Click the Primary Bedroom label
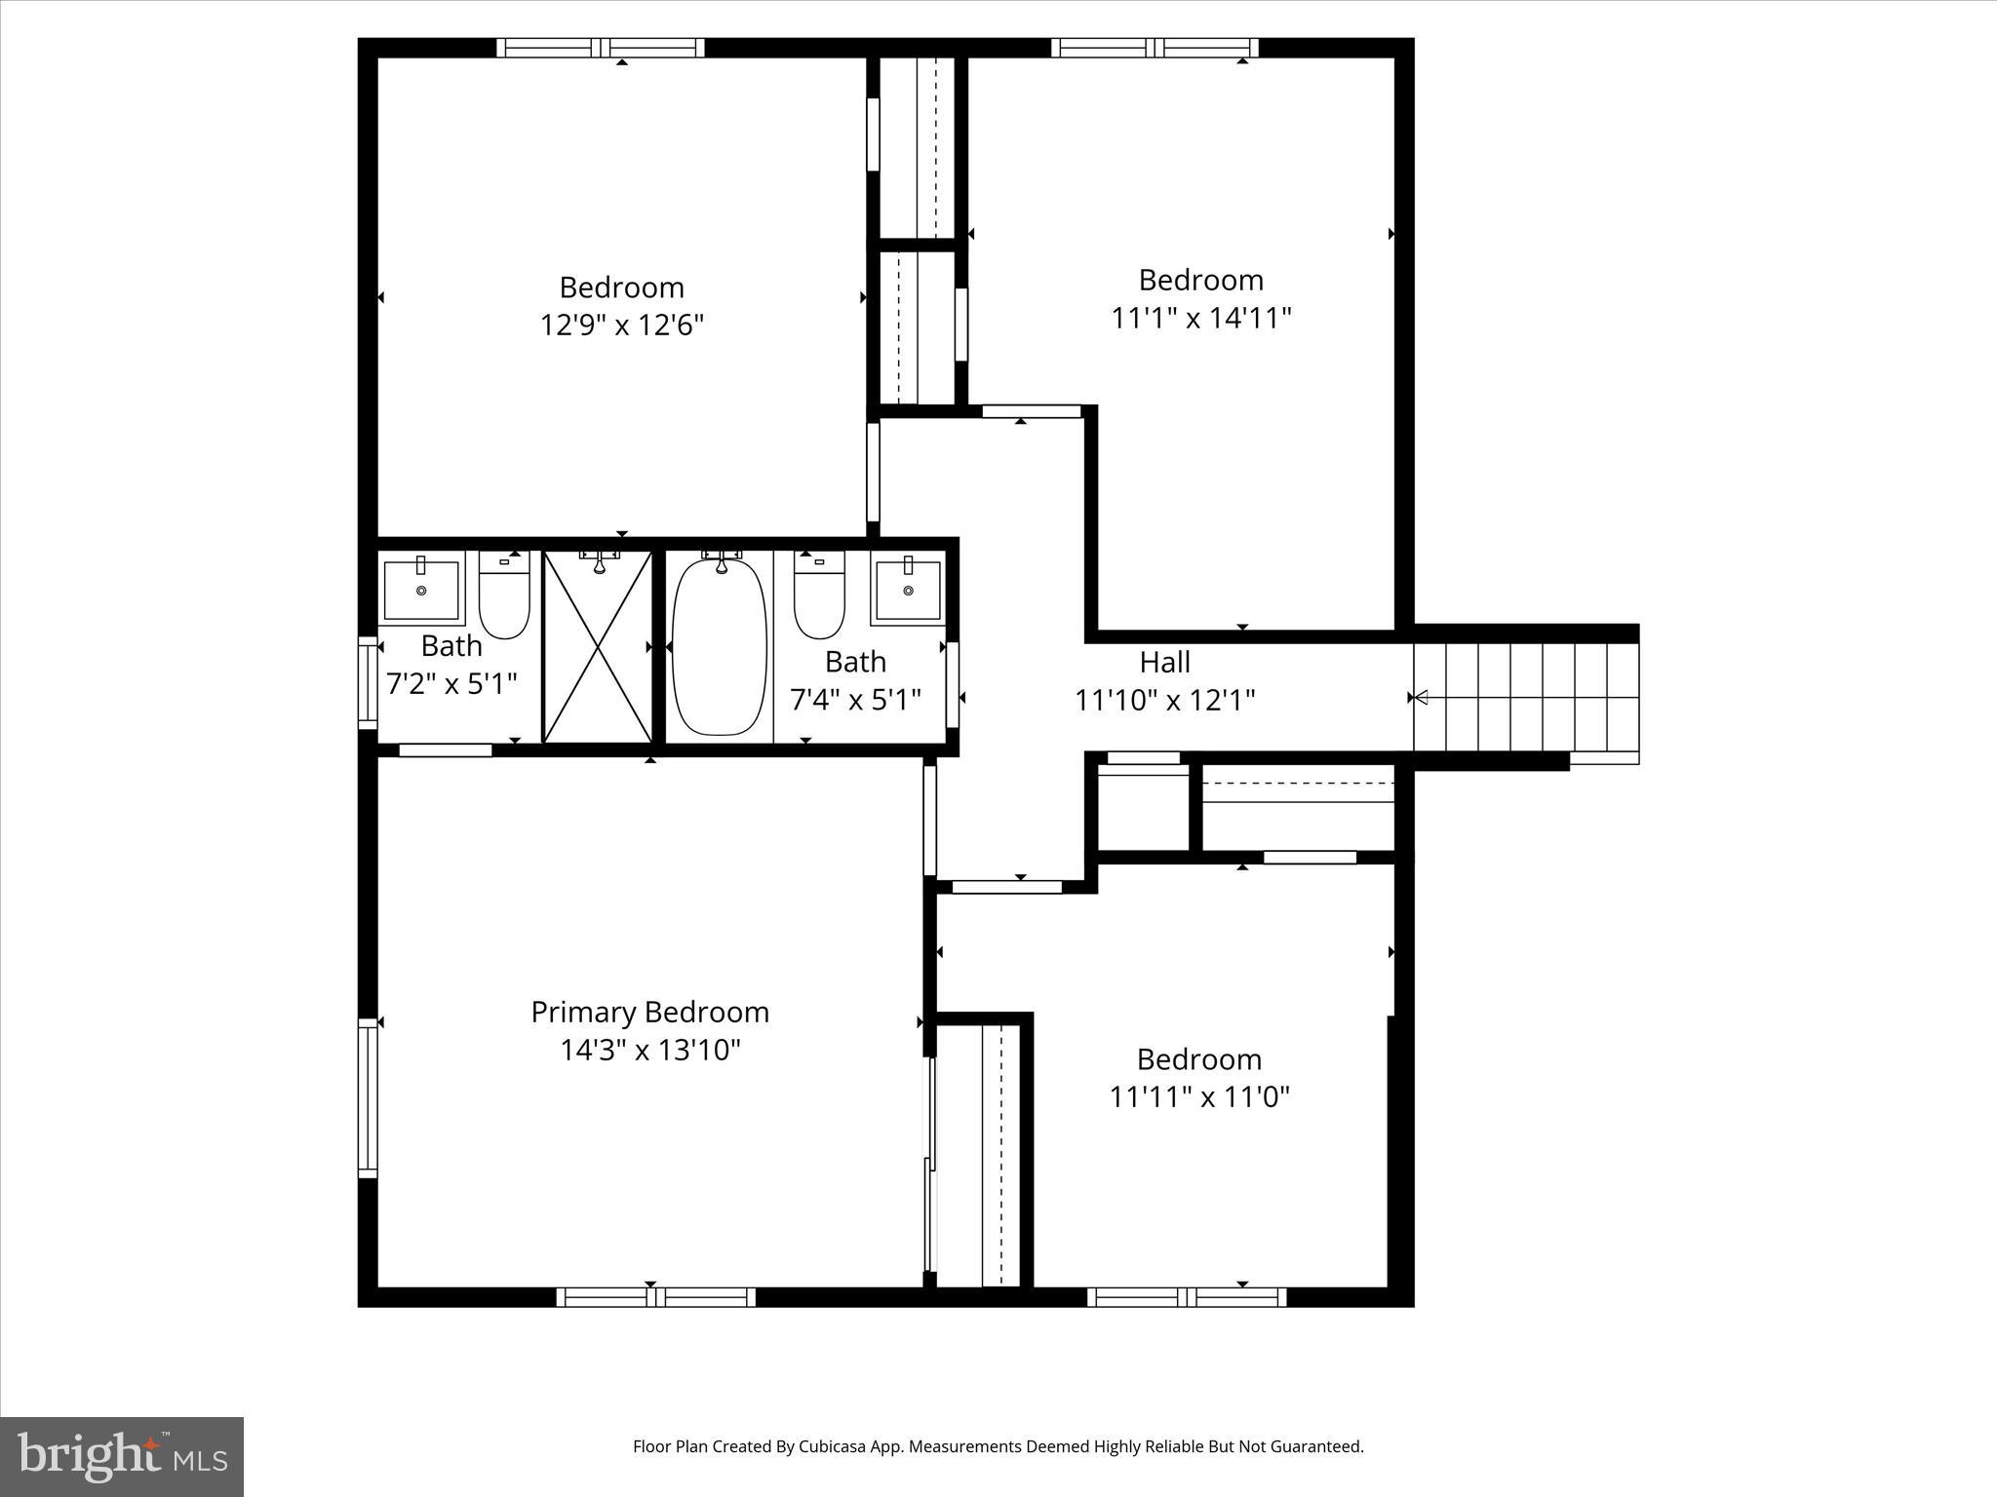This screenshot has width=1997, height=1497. (649, 1012)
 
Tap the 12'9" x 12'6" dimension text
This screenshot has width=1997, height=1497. (621, 325)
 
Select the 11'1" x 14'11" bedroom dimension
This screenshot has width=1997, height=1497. (1200, 318)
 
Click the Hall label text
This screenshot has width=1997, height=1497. (1164, 663)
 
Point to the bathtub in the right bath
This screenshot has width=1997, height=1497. (720, 648)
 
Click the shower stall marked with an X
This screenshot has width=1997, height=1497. (597, 648)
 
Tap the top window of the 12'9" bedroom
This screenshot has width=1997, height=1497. (600, 48)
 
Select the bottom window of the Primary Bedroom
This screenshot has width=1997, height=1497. (655, 1297)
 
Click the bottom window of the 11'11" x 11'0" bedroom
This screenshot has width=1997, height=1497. (1186, 1297)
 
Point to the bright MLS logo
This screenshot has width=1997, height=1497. (122, 1456)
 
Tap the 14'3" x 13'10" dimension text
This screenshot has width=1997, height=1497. (649, 1050)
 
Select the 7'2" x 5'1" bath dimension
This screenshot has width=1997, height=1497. (450, 683)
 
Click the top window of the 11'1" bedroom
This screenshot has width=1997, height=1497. (1155, 48)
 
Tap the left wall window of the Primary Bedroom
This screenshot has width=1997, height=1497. (368, 1096)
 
